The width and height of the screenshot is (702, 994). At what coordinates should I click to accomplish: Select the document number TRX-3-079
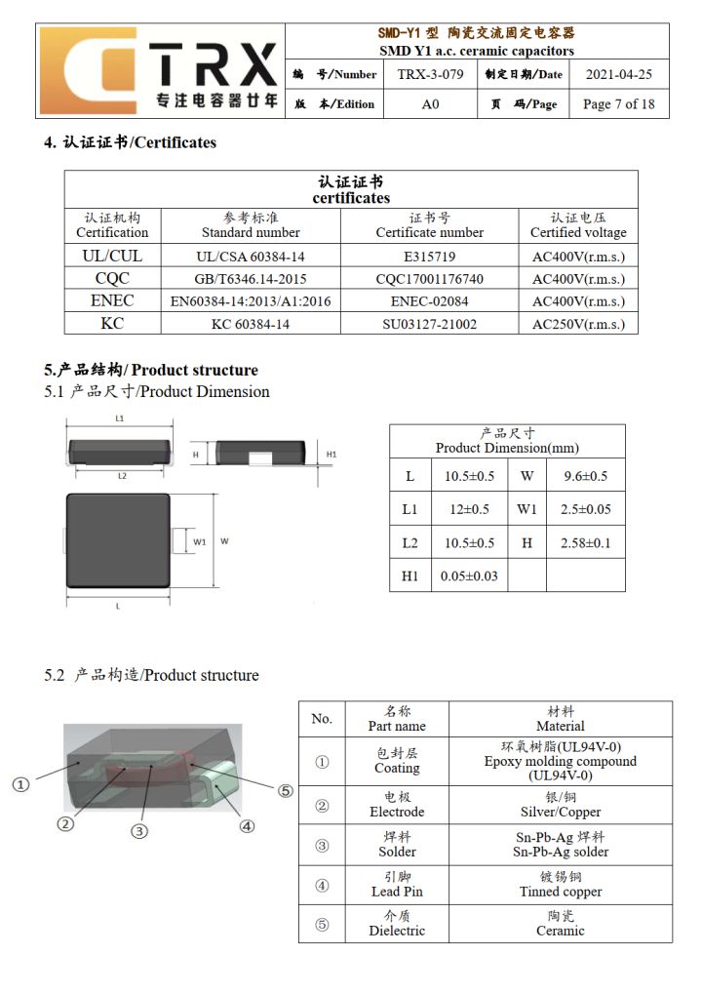[430, 74]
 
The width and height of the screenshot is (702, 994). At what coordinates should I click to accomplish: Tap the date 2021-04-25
[618, 74]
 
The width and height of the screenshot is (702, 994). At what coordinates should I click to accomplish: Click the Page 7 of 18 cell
[618, 104]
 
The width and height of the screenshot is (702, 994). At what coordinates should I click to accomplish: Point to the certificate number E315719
[429, 257]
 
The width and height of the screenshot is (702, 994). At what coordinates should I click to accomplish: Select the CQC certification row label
[112, 279]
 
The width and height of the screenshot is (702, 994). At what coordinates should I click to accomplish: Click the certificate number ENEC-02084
[429, 301]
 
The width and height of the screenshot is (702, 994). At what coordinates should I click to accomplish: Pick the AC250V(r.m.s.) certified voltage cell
[578, 324]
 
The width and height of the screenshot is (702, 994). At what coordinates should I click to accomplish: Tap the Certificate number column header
[429, 225]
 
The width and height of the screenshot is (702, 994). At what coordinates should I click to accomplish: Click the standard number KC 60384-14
[251, 324]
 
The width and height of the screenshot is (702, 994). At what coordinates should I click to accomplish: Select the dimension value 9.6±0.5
[585, 476]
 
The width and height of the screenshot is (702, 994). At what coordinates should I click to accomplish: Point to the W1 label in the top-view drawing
[199, 541]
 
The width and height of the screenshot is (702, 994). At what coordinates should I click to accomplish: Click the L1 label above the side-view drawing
[119, 417]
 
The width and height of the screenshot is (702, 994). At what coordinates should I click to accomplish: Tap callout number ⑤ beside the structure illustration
[286, 791]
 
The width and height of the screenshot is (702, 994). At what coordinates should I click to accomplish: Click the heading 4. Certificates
[130, 142]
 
